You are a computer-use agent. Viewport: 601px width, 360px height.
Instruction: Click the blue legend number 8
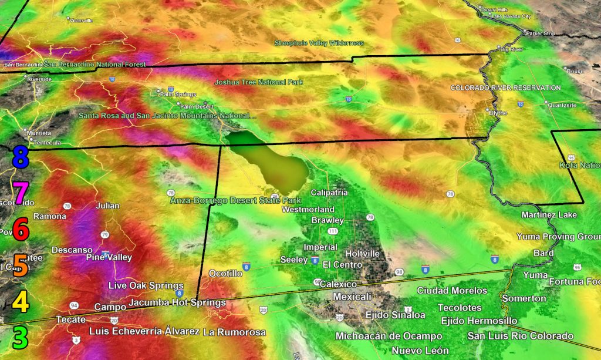click(x=20, y=157)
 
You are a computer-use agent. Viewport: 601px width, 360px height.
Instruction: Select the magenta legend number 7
click(x=20, y=192)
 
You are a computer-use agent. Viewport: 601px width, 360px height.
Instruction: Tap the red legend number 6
click(x=21, y=229)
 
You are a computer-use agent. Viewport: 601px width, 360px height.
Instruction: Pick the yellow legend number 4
click(x=21, y=302)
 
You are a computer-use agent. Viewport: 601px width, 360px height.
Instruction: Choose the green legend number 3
click(x=21, y=338)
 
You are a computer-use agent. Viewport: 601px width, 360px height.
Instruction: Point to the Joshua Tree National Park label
click(x=258, y=82)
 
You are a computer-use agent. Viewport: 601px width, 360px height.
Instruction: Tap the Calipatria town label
click(x=329, y=193)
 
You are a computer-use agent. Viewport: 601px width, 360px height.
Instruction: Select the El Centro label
click(x=343, y=264)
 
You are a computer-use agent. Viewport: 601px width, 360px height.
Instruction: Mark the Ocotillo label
click(x=226, y=274)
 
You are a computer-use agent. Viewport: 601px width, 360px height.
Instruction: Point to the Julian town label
click(x=107, y=206)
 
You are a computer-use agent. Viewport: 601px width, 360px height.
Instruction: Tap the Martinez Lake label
click(x=549, y=215)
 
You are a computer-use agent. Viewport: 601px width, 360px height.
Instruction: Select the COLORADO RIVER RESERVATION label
click(x=505, y=88)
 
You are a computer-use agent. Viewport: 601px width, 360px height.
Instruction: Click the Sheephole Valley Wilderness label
click(x=319, y=43)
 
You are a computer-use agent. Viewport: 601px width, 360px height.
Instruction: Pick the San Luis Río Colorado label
click(x=520, y=336)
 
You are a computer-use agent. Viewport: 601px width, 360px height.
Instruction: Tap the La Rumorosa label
click(x=234, y=332)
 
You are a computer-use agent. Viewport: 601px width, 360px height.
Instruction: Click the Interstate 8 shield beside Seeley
click(x=315, y=260)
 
